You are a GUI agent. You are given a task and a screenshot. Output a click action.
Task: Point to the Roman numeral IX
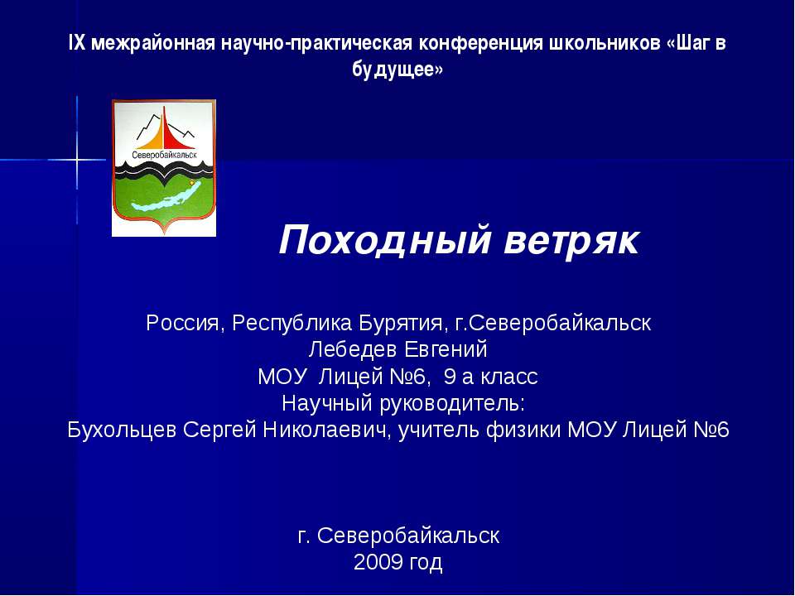[x=76, y=43]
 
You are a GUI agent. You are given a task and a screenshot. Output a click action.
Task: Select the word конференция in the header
[x=480, y=43]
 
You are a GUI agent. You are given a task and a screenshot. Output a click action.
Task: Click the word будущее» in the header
[x=397, y=70]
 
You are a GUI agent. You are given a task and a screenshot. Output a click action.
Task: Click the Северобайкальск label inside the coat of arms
[x=164, y=155]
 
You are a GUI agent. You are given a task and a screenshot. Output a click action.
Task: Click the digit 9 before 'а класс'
[x=450, y=377]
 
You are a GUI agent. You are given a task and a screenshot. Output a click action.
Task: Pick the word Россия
[x=181, y=322]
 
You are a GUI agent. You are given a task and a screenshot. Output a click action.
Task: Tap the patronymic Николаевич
[x=330, y=430]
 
